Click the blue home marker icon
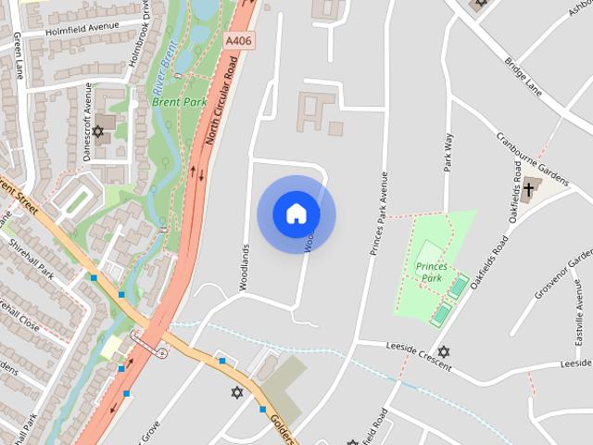click(296, 214)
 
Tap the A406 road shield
click(238, 42)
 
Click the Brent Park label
click(179, 102)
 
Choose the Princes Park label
click(431, 272)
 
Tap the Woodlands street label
click(245, 267)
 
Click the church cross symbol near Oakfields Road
click(529, 191)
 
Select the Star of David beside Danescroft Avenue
click(98, 132)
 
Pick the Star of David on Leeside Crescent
click(443, 352)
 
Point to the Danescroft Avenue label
click(88, 121)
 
